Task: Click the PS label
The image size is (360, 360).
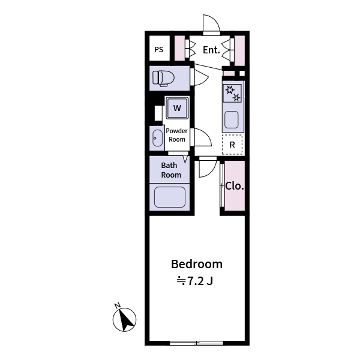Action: (x=158, y=50)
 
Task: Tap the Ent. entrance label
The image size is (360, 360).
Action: (x=211, y=50)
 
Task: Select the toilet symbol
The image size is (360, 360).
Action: (x=163, y=78)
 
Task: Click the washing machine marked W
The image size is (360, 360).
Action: (x=177, y=108)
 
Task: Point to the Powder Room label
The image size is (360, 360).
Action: (x=176, y=135)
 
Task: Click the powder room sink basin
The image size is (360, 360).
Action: (x=157, y=138)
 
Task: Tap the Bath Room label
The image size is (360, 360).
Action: (x=171, y=170)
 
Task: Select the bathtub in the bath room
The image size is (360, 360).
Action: (x=170, y=197)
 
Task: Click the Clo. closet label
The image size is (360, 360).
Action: (x=235, y=186)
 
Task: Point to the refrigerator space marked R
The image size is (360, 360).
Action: (x=232, y=145)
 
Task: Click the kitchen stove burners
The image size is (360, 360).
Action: (x=232, y=93)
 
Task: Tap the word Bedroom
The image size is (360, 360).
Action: (x=197, y=264)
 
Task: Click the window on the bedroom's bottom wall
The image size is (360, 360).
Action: (x=196, y=343)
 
